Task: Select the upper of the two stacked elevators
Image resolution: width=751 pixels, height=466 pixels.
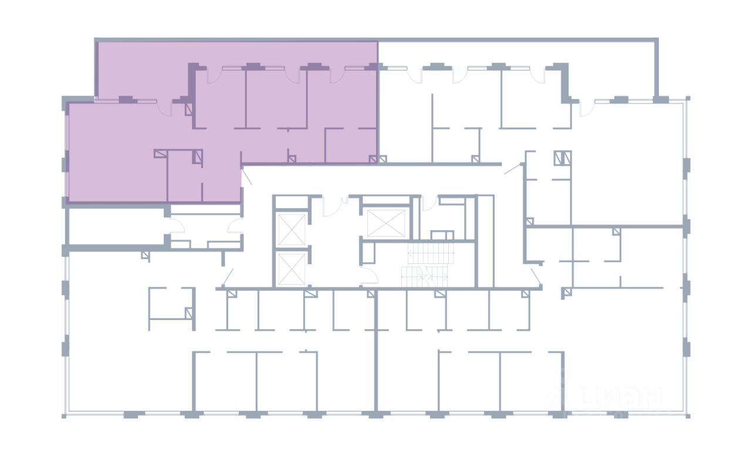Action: [290, 230]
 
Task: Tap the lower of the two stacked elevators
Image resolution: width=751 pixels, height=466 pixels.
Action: [290, 270]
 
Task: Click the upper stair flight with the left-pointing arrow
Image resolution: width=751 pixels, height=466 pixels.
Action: [431, 254]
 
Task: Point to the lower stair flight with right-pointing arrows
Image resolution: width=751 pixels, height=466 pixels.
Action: [424, 276]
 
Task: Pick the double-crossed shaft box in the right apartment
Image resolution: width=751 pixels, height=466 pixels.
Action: [562, 158]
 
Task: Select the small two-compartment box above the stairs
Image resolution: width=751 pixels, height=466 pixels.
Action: [442, 235]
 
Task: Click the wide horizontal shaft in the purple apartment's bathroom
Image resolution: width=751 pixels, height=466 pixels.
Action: [161, 154]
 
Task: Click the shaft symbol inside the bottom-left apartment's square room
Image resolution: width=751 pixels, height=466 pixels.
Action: [189, 313]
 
